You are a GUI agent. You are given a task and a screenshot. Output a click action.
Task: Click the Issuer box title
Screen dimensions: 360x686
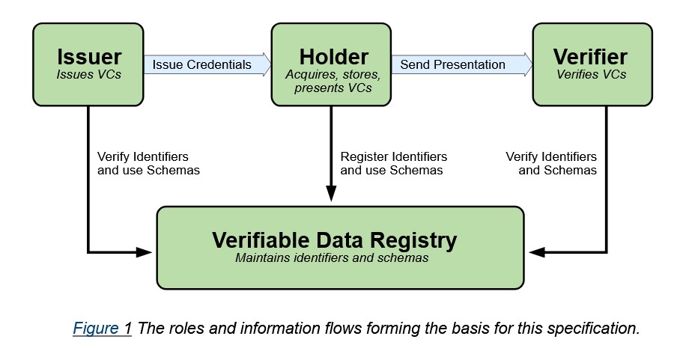click(88, 57)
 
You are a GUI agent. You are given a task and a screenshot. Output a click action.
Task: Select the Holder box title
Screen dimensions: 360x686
click(333, 57)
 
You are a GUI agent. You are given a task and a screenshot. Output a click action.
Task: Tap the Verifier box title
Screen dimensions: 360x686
click(590, 57)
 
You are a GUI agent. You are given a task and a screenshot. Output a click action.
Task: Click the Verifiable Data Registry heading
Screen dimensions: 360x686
click(334, 240)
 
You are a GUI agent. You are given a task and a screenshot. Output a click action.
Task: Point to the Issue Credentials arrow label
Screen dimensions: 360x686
click(201, 64)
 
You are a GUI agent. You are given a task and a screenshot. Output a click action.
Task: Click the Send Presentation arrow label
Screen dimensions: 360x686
click(452, 64)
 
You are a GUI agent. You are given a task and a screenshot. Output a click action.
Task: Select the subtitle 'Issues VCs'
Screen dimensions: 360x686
click(88, 74)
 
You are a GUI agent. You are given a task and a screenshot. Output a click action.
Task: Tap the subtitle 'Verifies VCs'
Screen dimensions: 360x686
click(591, 74)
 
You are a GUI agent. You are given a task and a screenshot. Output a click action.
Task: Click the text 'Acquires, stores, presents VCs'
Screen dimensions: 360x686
click(333, 81)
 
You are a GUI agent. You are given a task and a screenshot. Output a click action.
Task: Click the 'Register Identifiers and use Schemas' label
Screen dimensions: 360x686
click(393, 163)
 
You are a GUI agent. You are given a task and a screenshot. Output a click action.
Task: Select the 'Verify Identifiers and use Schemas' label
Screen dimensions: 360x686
click(148, 163)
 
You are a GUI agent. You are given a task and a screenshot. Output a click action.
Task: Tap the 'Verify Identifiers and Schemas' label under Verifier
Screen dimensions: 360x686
click(552, 163)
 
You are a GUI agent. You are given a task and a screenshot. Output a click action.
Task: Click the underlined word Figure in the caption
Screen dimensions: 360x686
click(96, 329)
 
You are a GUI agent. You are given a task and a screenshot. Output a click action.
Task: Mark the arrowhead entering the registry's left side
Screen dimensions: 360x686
click(148, 252)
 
